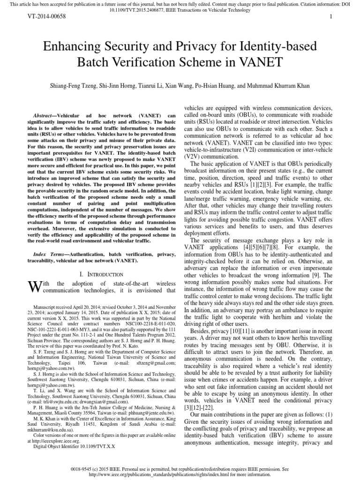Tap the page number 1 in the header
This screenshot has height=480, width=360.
point(331,16)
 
